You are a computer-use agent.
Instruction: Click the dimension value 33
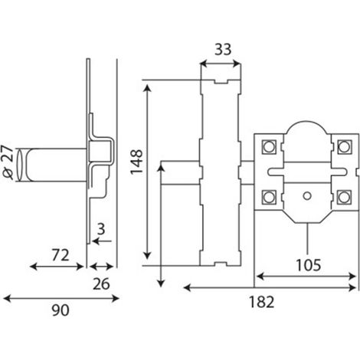[223, 49]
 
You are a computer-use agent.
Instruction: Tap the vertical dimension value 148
[136, 162]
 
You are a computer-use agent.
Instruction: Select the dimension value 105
[308, 265]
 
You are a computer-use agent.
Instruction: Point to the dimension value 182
[261, 302]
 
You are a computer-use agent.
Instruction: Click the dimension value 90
[61, 310]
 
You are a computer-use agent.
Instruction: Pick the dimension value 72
[61, 255]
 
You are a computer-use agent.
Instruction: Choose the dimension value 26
[101, 283]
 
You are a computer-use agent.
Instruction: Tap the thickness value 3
[101, 229]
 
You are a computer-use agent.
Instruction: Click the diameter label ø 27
[8, 162]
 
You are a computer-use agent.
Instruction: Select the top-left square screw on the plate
[269, 147]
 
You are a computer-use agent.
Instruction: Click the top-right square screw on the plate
[344, 147]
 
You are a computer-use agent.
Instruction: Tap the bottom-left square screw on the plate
[269, 198]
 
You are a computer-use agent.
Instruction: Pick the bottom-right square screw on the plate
[344, 198]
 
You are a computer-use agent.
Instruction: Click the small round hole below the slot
[307, 196]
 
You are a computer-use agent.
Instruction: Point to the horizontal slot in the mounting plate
[307, 172]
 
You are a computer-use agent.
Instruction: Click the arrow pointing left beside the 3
[102, 241]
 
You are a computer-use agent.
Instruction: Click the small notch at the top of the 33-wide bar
[221, 82]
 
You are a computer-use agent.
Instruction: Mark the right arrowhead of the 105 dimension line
[352, 277]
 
